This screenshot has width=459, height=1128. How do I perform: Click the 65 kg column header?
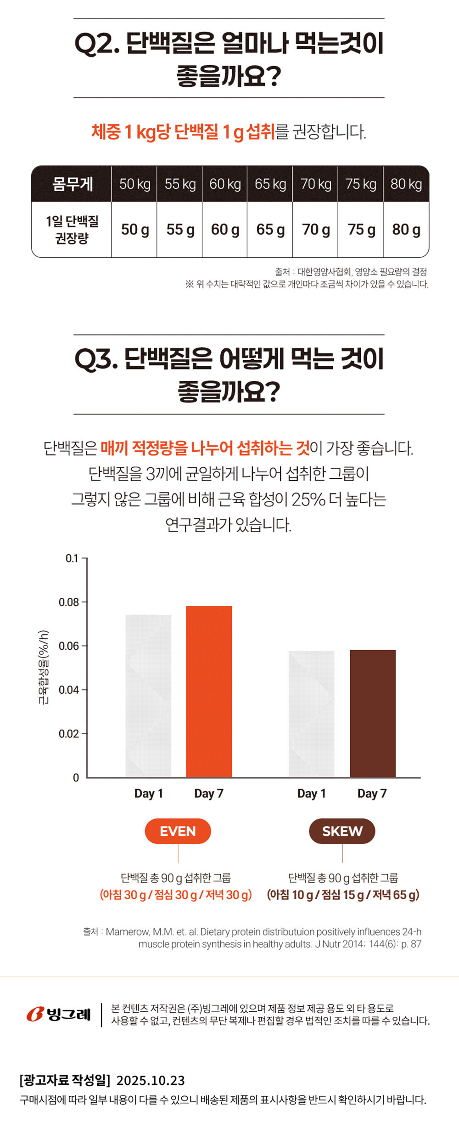click(x=270, y=184)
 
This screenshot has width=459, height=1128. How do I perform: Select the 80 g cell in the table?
click(x=406, y=229)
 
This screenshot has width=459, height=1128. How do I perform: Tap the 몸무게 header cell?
click(x=72, y=184)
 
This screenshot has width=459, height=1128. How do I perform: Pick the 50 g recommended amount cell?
click(x=135, y=229)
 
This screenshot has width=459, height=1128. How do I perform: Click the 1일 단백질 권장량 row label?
click(x=72, y=229)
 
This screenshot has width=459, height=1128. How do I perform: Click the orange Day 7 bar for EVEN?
click(x=209, y=692)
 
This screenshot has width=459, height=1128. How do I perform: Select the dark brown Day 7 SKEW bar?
click(x=372, y=714)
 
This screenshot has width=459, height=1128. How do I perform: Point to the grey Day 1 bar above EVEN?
click(x=148, y=696)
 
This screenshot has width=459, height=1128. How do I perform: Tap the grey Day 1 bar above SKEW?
click(x=312, y=714)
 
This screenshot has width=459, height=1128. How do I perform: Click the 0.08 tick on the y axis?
click(x=69, y=602)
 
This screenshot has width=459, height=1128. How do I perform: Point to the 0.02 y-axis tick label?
click(x=69, y=734)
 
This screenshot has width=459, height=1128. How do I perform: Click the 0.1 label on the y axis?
click(x=72, y=559)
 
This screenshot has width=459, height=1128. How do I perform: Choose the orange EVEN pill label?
click(x=178, y=831)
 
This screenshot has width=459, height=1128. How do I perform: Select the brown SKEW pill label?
click(x=342, y=831)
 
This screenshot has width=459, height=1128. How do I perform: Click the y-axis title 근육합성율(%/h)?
click(x=43, y=667)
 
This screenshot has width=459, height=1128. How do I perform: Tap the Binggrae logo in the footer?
click(x=59, y=1014)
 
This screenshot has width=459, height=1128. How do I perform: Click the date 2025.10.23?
click(x=151, y=1080)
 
